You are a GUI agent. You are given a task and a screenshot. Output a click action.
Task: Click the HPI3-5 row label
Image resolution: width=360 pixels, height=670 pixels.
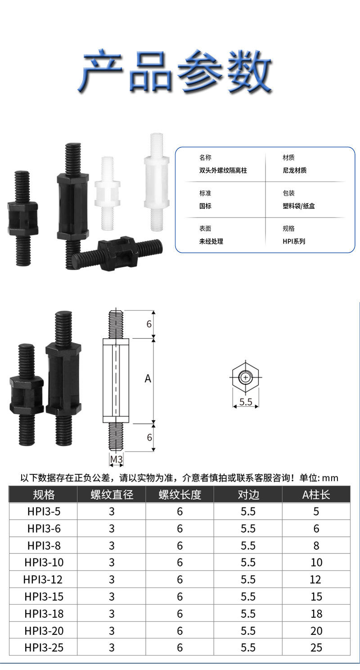tap(44, 512)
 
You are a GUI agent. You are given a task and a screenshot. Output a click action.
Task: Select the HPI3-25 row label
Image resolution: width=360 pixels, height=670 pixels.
tap(44, 647)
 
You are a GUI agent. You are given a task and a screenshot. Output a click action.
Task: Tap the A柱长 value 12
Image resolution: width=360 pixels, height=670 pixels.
tap(316, 579)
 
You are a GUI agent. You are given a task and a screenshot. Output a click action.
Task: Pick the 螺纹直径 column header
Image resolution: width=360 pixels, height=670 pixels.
tap(112, 495)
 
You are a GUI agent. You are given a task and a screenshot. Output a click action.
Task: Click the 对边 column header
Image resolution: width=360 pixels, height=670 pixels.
tap(248, 495)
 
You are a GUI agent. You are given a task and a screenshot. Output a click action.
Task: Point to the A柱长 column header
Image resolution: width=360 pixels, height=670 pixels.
tap(316, 495)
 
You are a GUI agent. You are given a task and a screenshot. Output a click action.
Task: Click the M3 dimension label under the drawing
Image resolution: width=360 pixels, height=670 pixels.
tap(117, 459)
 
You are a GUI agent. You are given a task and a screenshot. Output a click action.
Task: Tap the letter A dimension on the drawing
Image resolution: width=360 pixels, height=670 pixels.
tap(148, 379)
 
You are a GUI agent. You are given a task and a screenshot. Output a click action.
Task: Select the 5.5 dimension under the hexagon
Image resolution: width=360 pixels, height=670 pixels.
tap(246, 402)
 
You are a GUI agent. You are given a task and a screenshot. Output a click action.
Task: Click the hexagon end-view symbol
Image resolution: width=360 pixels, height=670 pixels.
tap(245, 377)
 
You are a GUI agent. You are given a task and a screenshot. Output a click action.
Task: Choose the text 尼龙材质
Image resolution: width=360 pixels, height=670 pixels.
tap(295, 171)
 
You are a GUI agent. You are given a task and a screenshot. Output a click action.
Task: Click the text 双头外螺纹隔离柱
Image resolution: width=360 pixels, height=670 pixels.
tap(223, 171)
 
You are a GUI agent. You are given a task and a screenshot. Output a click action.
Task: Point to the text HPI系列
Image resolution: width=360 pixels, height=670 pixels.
tap(294, 241)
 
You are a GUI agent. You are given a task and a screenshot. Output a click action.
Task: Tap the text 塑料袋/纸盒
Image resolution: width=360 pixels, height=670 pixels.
tap(298, 206)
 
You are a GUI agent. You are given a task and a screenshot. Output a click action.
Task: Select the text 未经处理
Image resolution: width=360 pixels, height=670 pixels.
tap(211, 241)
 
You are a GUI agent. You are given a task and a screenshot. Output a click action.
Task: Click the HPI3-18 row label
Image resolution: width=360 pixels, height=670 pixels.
tap(44, 614)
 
